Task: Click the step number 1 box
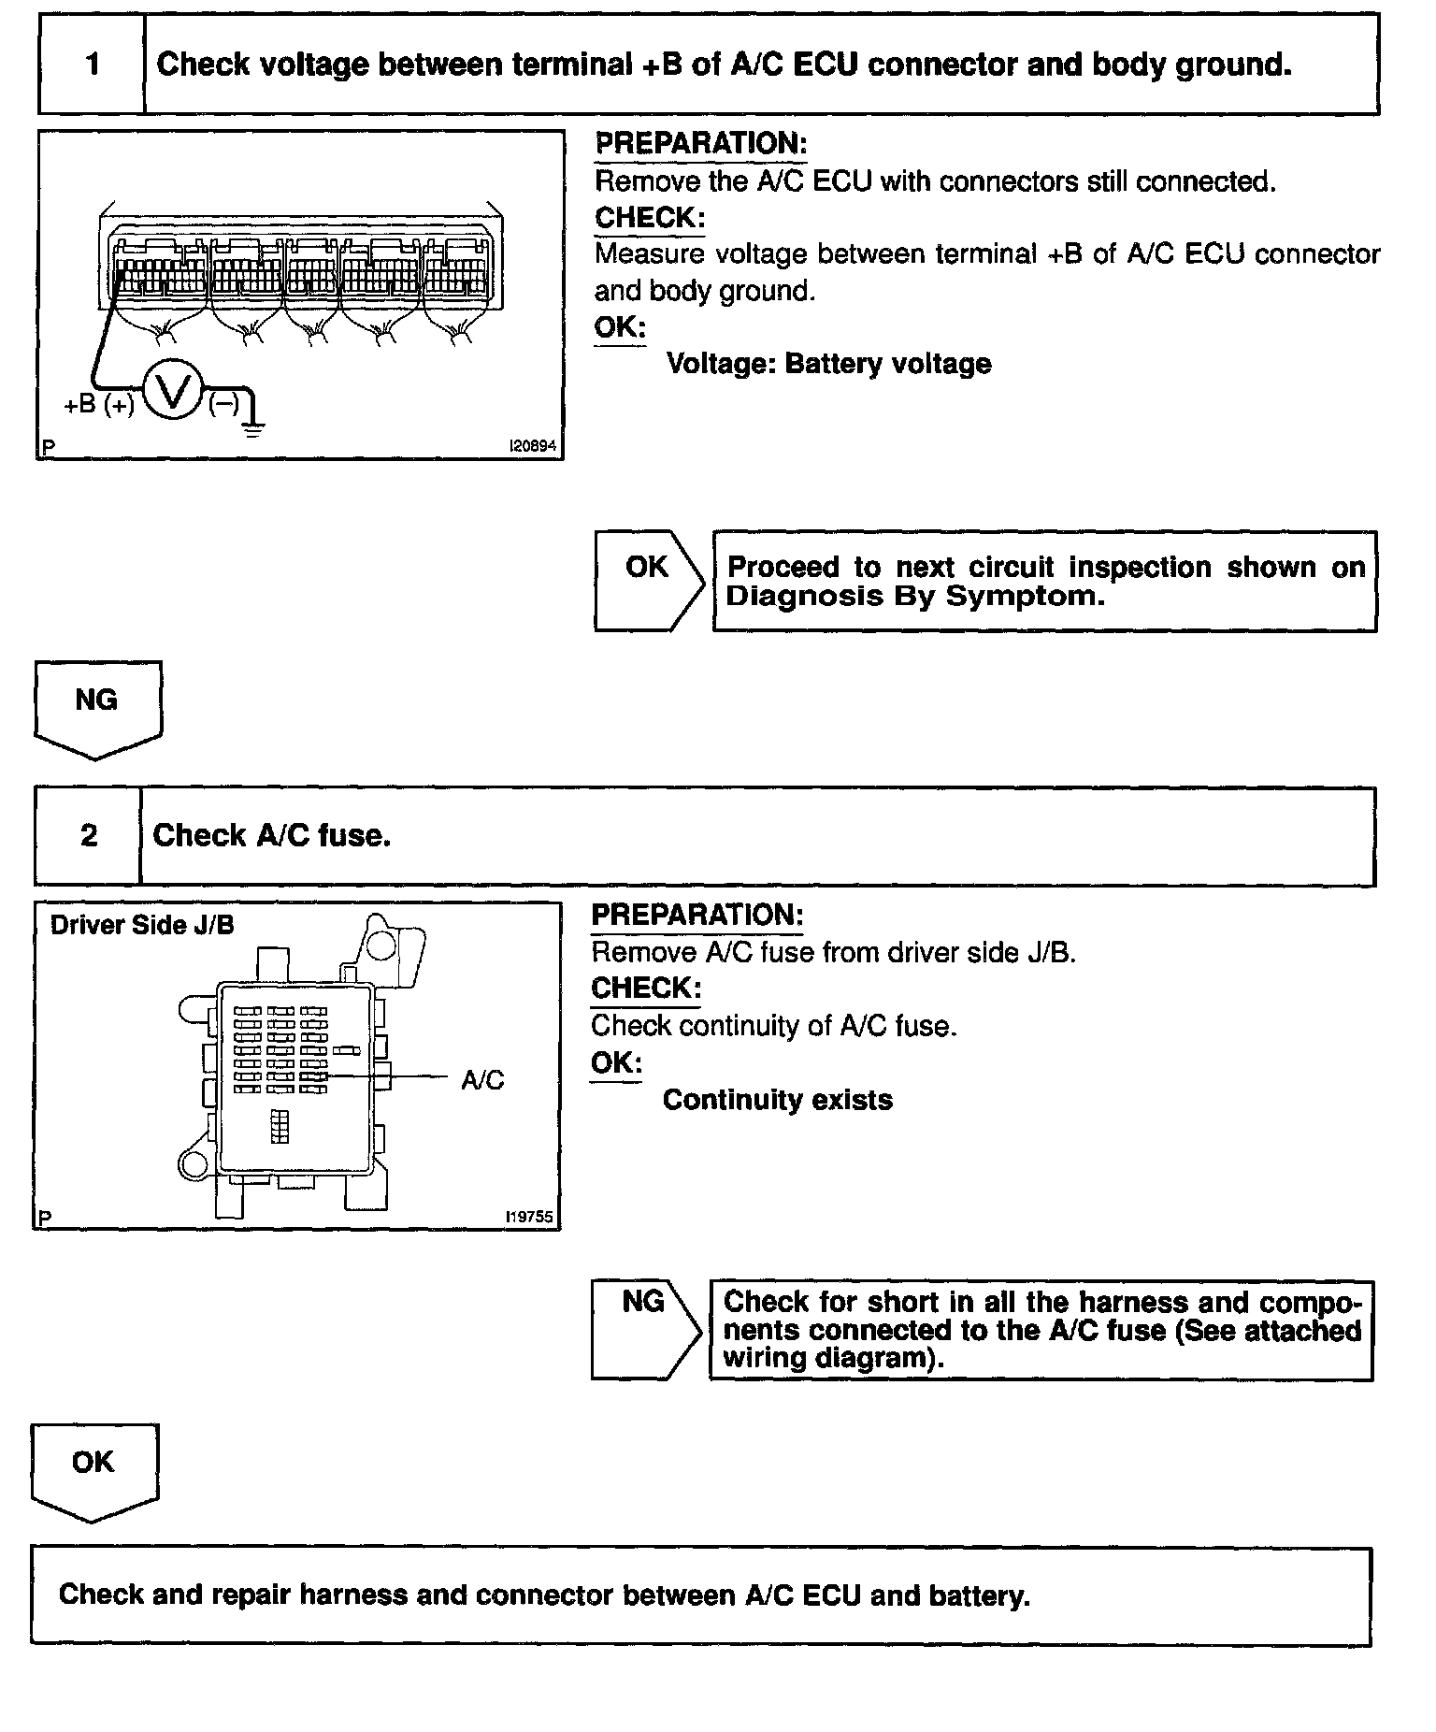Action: click(92, 65)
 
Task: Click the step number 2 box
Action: click(88, 835)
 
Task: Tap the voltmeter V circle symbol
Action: click(173, 392)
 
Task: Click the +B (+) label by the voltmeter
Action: click(98, 405)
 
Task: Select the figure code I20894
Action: click(532, 447)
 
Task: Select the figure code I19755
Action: click(528, 1218)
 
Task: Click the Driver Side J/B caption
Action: click(142, 925)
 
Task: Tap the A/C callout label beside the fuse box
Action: click(482, 1080)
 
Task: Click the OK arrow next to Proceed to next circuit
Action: click(649, 580)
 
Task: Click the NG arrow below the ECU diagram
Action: click(97, 708)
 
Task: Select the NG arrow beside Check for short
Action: click(645, 1328)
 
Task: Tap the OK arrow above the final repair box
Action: click(93, 1470)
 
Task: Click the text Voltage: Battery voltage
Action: click(828, 364)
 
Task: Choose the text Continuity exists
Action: click(777, 1100)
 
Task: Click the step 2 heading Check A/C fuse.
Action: click(271, 835)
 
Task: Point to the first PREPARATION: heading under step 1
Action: click(700, 143)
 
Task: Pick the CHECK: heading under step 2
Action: click(646, 989)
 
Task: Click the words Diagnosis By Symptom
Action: click(914, 597)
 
